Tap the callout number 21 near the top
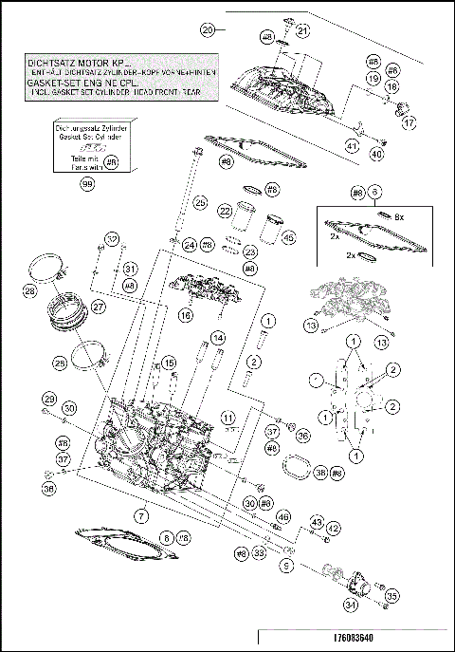[302, 31]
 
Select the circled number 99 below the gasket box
[87, 184]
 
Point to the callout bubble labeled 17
[409, 123]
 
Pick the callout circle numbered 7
[140, 515]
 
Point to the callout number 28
[30, 290]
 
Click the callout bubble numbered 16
[186, 314]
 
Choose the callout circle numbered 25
[200, 203]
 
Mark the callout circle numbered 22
[226, 211]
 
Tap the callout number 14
[217, 338]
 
